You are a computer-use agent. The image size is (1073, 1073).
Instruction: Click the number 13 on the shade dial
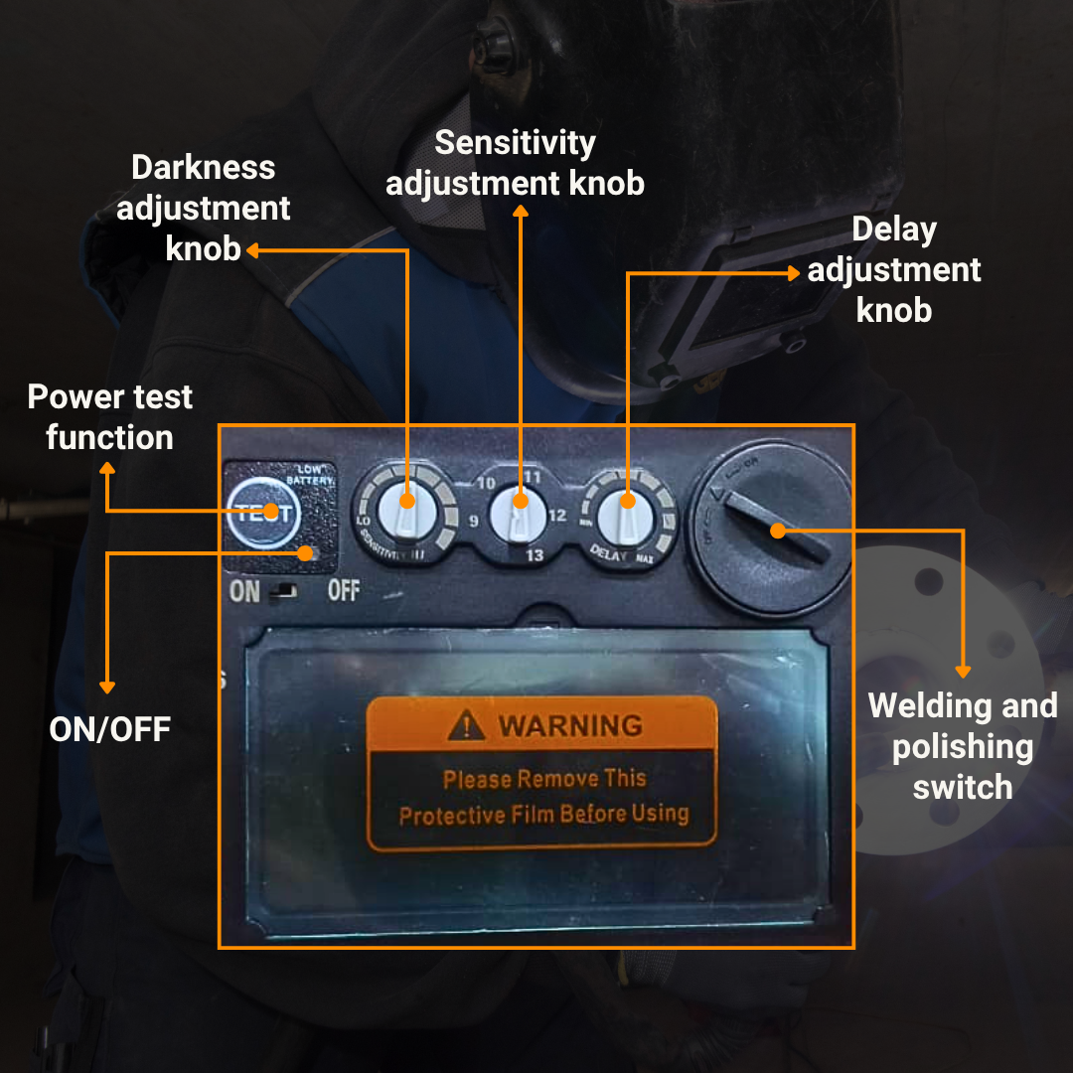click(535, 555)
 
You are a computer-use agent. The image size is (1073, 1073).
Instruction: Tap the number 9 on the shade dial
click(473, 520)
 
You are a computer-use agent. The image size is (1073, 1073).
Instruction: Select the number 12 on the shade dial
click(556, 515)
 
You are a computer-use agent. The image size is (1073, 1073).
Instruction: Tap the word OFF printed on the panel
click(343, 591)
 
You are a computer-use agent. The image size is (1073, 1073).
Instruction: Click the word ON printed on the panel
click(244, 592)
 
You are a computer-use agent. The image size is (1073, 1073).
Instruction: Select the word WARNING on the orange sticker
click(570, 725)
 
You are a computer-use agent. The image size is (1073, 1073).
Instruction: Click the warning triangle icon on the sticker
click(466, 726)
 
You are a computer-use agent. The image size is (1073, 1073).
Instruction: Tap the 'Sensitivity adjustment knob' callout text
click(515, 163)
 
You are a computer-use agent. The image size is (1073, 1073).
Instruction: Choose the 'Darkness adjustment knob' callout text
click(204, 208)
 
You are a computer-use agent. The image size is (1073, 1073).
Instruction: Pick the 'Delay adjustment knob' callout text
click(894, 269)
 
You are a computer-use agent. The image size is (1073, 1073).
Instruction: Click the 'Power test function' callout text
click(109, 416)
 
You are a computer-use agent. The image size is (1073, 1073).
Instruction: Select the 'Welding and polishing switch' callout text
click(962, 746)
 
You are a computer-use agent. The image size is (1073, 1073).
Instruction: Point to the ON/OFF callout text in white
click(109, 729)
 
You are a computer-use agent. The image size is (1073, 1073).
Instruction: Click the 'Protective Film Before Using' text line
click(543, 816)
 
